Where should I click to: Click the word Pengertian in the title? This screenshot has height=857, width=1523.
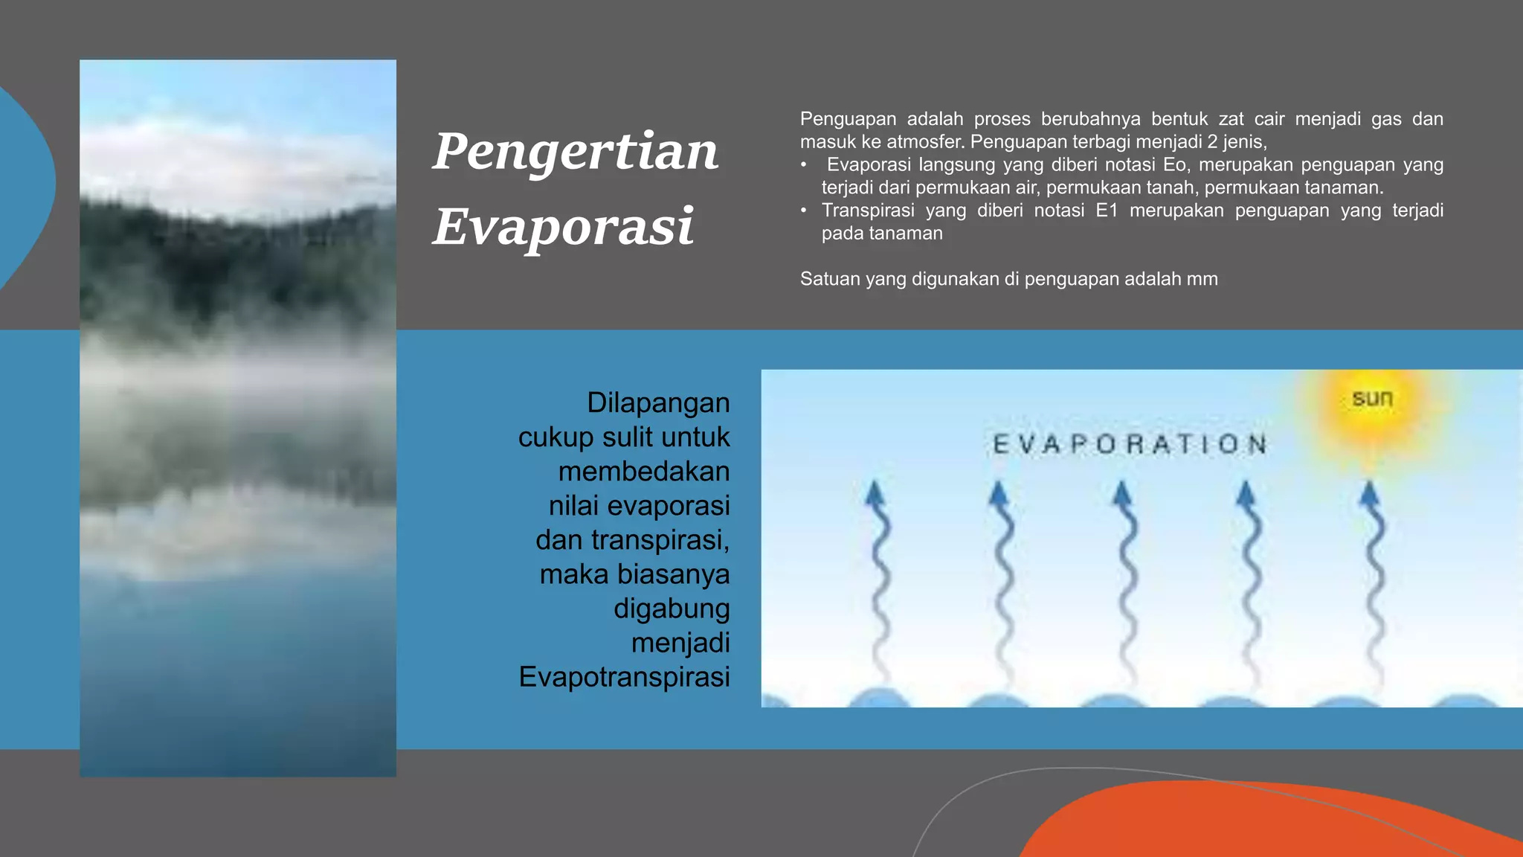click(575, 152)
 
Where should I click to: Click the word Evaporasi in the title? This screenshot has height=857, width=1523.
click(563, 227)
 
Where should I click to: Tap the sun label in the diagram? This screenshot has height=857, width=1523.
click(1372, 399)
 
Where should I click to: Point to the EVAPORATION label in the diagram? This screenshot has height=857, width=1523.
click(1130, 445)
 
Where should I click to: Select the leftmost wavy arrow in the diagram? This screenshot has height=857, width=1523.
click(879, 580)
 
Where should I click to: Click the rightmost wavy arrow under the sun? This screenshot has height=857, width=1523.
click(1374, 580)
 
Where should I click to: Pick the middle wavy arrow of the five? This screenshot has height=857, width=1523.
click(1126, 580)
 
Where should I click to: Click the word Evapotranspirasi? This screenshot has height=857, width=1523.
click(624, 677)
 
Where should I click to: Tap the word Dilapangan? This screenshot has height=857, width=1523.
click(658, 403)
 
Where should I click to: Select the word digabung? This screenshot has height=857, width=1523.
click(672, 609)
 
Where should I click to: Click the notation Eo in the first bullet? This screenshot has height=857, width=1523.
click(1176, 164)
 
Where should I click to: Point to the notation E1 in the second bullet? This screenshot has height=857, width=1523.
click(1107, 211)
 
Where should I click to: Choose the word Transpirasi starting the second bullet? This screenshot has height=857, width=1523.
click(868, 211)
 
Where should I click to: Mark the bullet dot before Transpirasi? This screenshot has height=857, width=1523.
click(804, 211)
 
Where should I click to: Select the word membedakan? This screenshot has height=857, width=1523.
click(644, 472)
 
